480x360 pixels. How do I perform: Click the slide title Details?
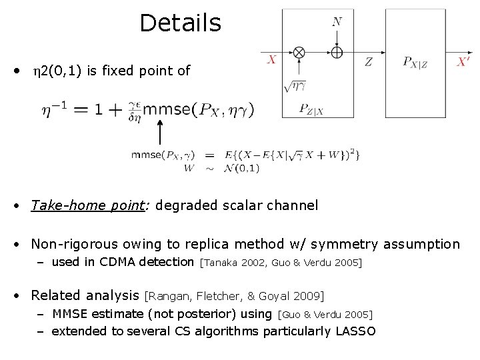pyautogui.click(x=180, y=23)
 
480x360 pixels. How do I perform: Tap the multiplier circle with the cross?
pyautogui.click(x=299, y=52)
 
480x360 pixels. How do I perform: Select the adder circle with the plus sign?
pyautogui.click(x=337, y=52)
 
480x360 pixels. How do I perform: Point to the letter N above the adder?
pyautogui.click(x=337, y=22)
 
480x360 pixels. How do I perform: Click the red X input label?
pyautogui.click(x=271, y=61)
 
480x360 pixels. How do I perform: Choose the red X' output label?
pyautogui.click(x=463, y=62)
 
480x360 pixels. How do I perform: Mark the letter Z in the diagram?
pyautogui.click(x=369, y=62)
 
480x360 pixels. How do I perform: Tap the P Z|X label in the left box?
pyautogui.click(x=311, y=109)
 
